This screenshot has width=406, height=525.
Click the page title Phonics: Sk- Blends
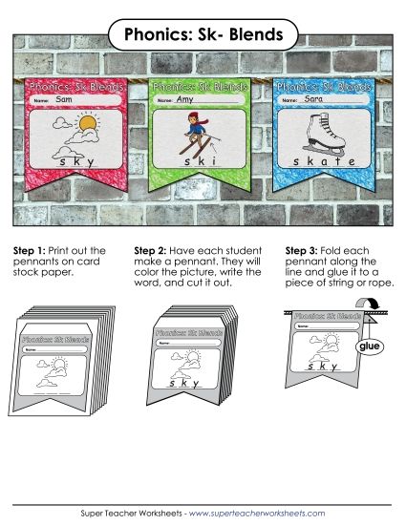coord(203,35)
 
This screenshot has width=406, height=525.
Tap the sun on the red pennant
coord(88,124)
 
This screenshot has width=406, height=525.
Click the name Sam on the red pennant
coord(65,99)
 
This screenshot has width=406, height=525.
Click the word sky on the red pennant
coord(76,162)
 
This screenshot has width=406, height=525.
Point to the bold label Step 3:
coord(303,251)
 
